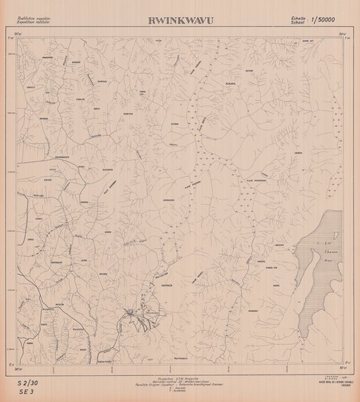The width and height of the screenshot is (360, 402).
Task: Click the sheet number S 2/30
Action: [30, 382]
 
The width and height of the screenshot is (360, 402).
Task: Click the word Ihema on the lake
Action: [329, 251]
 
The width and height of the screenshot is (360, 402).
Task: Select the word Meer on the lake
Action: [330, 260]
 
